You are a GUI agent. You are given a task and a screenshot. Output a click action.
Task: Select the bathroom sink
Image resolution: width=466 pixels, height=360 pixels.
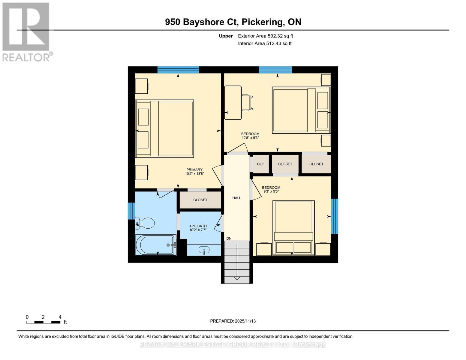(x=204, y=250)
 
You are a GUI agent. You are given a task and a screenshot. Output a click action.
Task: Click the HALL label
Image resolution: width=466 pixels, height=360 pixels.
(x=237, y=198)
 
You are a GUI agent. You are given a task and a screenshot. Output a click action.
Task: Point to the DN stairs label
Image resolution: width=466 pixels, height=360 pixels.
(x=229, y=238)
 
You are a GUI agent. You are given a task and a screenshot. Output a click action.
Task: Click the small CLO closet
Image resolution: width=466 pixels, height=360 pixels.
(x=260, y=164)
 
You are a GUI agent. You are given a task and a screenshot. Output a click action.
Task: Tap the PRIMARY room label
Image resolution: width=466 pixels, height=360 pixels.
(x=194, y=170)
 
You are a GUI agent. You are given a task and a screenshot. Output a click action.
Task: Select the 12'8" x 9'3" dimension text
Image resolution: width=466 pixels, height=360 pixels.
(x=250, y=138)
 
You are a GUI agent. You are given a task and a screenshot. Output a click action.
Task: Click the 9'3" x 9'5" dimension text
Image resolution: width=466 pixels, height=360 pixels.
(x=271, y=191)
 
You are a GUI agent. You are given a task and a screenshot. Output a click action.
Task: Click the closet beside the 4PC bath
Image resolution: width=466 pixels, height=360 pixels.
(x=200, y=200)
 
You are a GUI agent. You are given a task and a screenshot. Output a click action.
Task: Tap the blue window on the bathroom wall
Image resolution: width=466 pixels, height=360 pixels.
(x=131, y=211)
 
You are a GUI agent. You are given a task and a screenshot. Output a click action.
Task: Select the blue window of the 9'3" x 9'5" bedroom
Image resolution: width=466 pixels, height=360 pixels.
(x=335, y=216)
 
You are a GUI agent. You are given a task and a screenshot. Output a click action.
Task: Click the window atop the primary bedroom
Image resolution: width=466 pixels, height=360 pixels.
(x=178, y=70)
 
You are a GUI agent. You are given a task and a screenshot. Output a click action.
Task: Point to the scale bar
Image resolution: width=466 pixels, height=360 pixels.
(x=43, y=322)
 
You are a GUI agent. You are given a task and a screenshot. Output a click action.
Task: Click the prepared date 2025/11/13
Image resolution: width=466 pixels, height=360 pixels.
(x=245, y=321)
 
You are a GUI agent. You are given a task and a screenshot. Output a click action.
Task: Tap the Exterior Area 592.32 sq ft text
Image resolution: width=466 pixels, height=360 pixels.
(x=265, y=36)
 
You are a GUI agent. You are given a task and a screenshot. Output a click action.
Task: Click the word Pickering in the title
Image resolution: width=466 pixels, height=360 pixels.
(x=263, y=22)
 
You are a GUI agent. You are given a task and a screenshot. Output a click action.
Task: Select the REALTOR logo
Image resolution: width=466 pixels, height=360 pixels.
(x=26, y=31)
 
